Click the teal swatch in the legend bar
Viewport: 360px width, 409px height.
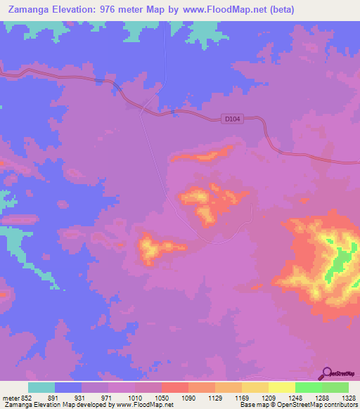point(41,387)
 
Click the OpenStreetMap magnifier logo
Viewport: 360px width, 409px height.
point(328,374)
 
